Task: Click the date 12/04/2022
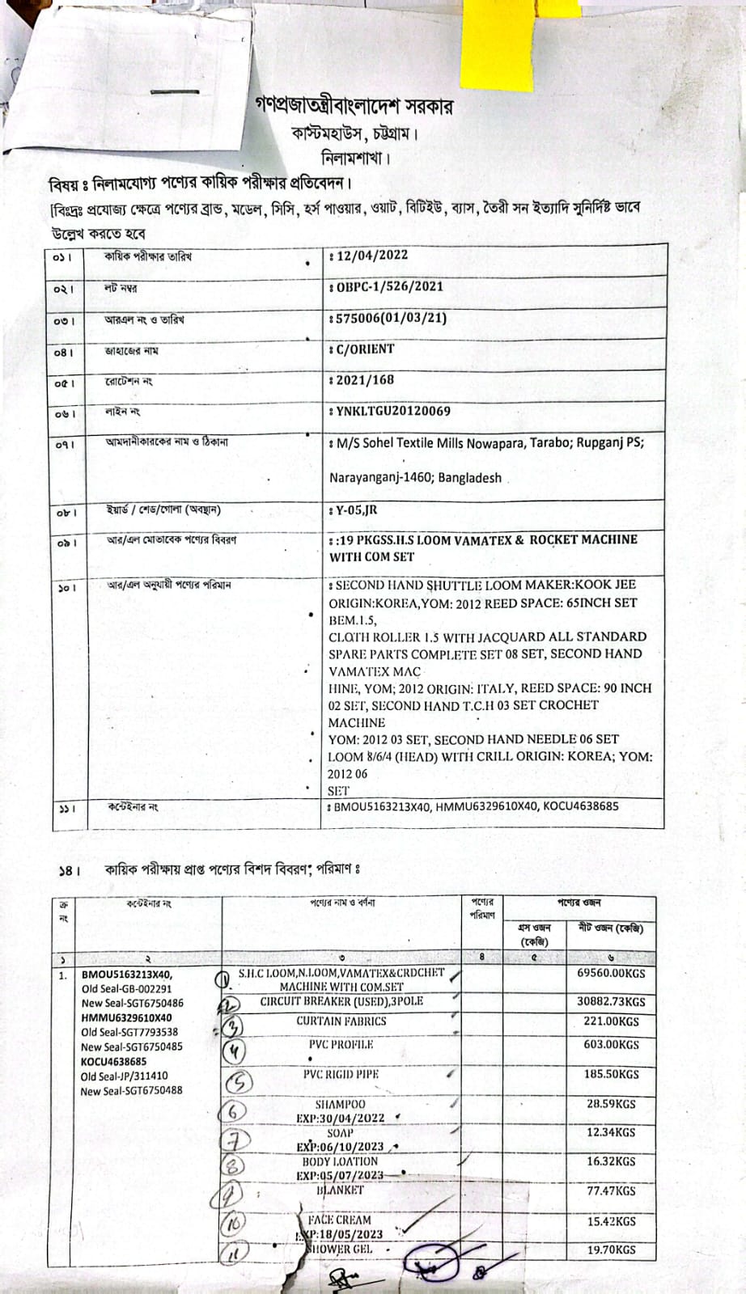click(371, 256)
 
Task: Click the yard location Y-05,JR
click(356, 510)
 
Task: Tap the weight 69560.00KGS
click(611, 974)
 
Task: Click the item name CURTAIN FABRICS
click(341, 1021)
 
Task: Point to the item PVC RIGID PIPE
click(341, 1075)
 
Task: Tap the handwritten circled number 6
click(233, 1110)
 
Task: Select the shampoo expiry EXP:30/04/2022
click(340, 1119)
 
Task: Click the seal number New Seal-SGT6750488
click(131, 1091)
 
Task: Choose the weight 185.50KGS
click(611, 1075)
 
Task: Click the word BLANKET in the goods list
click(341, 1190)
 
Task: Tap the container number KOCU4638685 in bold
click(114, 1062)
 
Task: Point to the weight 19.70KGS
click(611, 1250)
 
